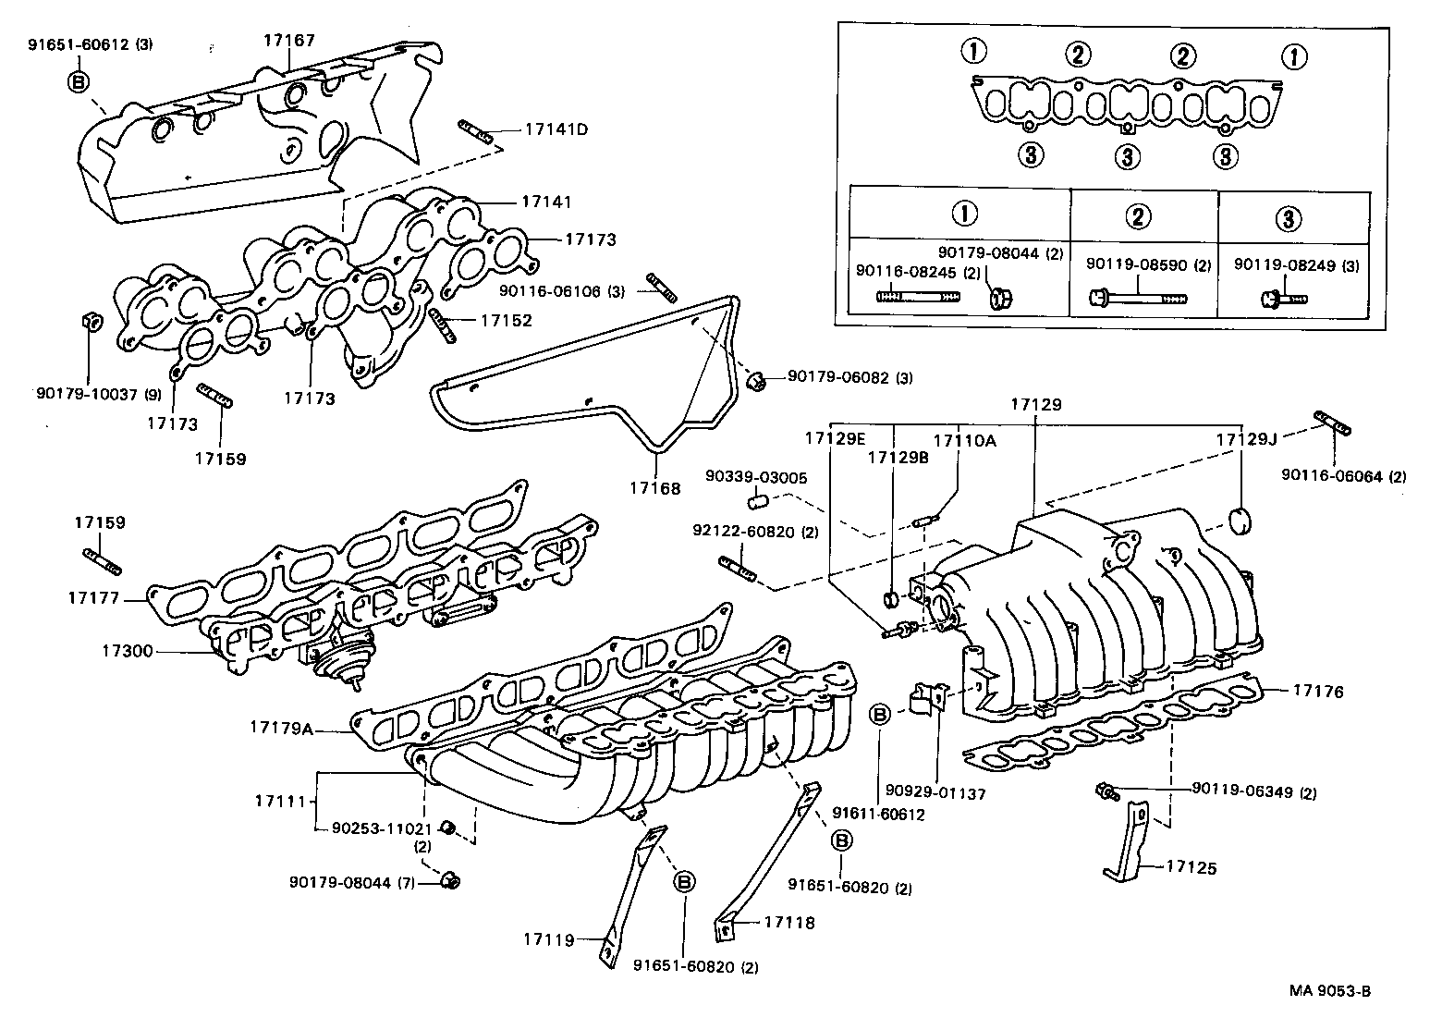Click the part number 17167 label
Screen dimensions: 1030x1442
click(x=288, y=41)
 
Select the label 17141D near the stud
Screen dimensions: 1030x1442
click(x=556, y=129)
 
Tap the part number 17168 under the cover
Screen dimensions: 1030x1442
click(x=655, y=488)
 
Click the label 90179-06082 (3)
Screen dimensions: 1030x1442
click(x=849, y=377)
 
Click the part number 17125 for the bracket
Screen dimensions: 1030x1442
click(x=1191, y=867)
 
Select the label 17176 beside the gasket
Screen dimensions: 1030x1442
click(x=1318, y=691)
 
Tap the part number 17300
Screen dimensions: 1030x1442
click(x=128, y=651)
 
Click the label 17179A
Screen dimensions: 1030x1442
click(x=282, y=728)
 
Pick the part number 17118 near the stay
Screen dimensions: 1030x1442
click(x=789, y=922)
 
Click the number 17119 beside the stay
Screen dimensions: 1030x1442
click(x=548, y=940)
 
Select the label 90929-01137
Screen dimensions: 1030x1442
click(x=935, y=792)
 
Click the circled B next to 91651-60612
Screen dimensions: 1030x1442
click(x=79, y=82)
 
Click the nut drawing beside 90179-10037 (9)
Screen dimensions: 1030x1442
click(x=91, y=321)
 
